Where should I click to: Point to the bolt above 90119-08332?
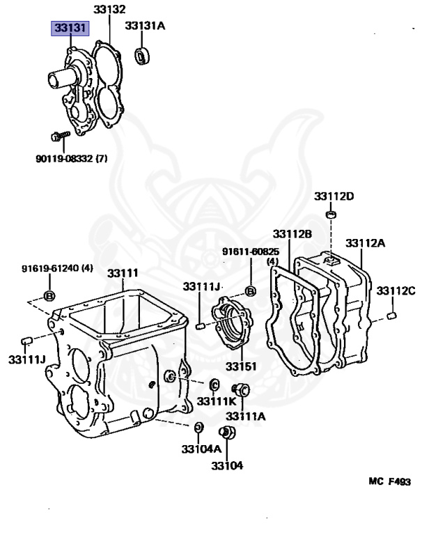click(x=58, y=135)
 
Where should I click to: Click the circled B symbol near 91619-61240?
click(x=49, y=295)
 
